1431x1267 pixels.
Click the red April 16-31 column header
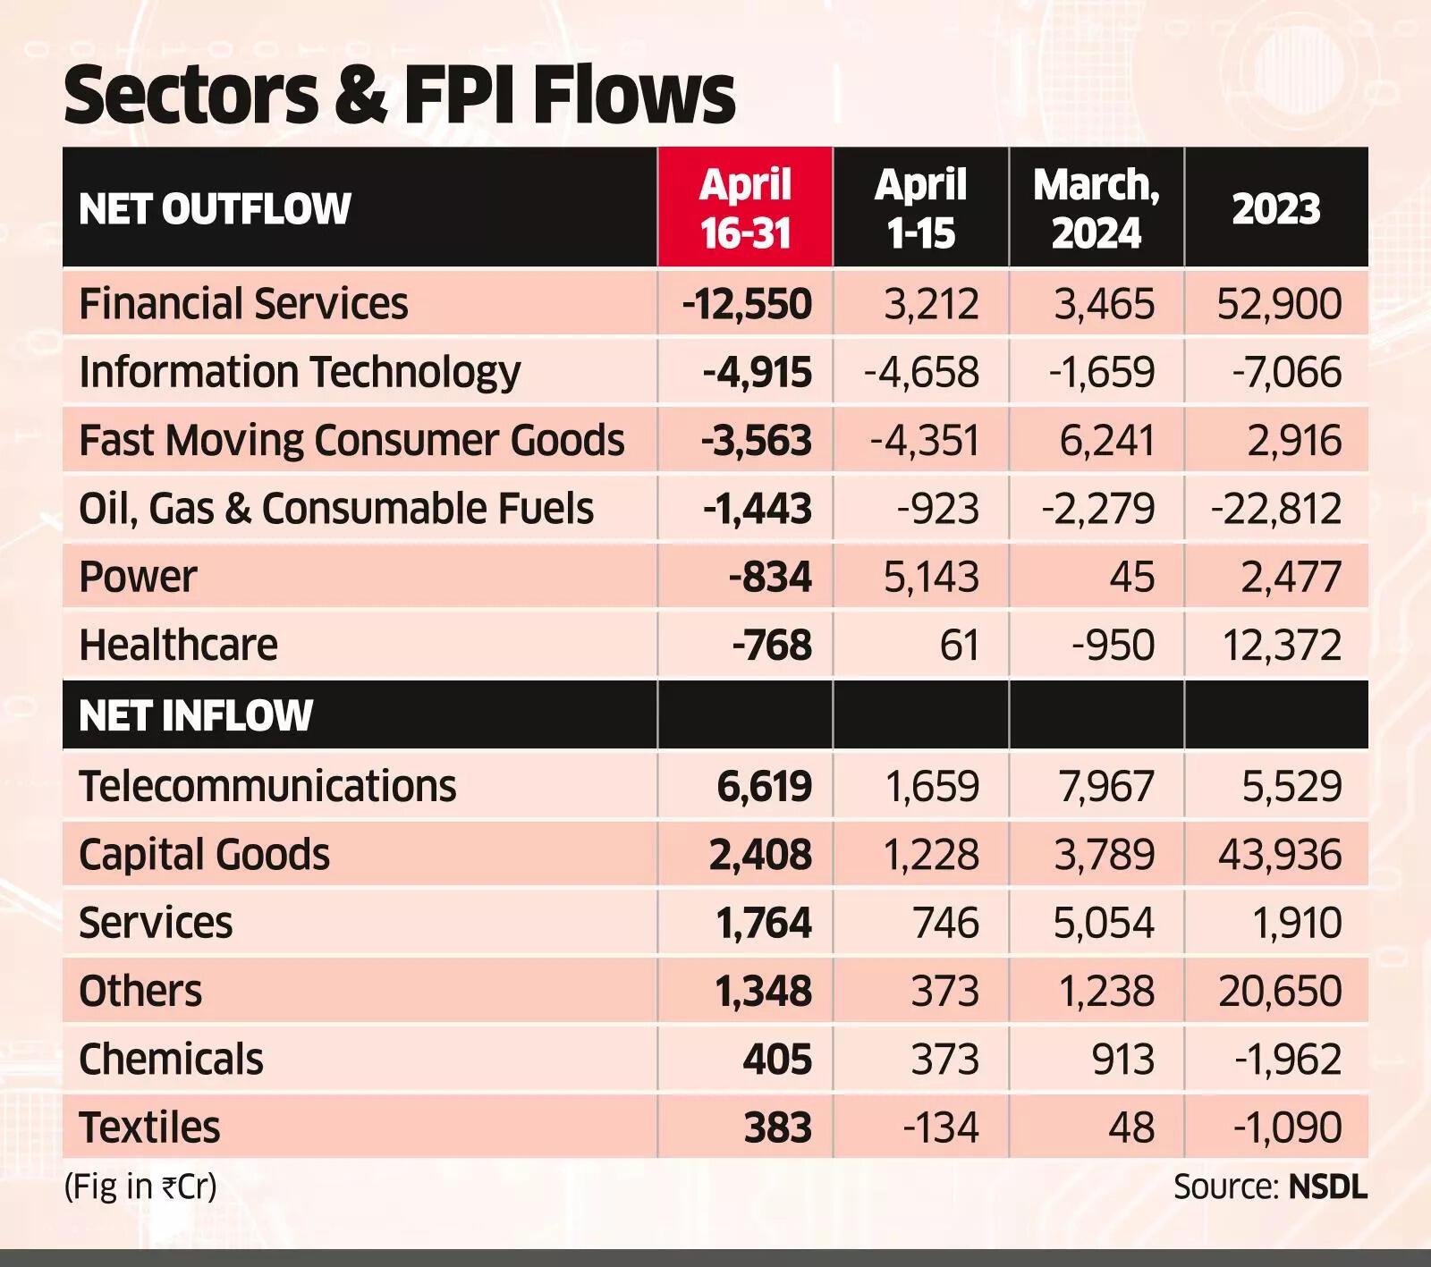745,208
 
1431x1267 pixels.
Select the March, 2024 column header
1097,208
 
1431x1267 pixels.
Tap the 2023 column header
1276,209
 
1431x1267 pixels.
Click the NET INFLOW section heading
196,715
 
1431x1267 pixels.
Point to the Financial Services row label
243,304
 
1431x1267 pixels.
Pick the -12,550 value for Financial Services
747,304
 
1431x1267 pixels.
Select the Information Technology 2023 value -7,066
1287,372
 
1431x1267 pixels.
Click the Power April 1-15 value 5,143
931,577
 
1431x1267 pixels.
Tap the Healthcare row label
178,646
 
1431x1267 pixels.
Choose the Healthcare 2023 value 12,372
1282,646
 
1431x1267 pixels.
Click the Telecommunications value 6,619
764,787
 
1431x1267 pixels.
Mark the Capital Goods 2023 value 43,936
1280,855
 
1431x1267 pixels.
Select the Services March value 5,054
1104,923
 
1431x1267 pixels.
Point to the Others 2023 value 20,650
1280,992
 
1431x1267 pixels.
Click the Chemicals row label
171,1060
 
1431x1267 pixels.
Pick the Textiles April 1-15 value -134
941,1128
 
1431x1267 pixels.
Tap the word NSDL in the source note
1328,1187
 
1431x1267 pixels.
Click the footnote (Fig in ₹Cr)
140,1187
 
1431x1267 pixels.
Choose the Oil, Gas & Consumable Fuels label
336,509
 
